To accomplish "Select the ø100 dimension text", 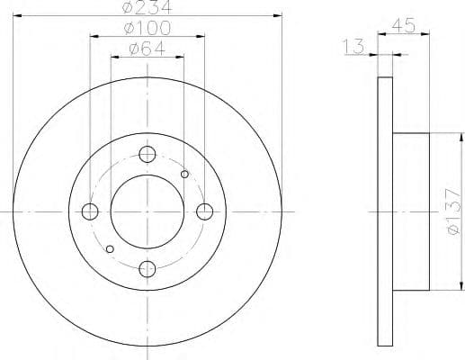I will click(x=148, y=30).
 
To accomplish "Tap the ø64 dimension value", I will click(x=148, y=49).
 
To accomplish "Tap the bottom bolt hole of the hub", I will click(x=148, y=267).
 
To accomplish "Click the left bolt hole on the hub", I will click(x=90, y=211).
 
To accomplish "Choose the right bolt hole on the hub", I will click(x=204, y=211).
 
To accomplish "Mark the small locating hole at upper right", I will click(x=185, y=175).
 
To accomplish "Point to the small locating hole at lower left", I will click(x=110, y=248).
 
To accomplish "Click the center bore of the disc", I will click(x=148, y=211).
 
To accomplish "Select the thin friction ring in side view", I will click(x=384, y=211).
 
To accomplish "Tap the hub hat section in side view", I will click(x=411, y=211).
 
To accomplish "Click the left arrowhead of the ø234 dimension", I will click(x=15, y=16).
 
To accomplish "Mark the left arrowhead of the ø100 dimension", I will click(x=93, y=37).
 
